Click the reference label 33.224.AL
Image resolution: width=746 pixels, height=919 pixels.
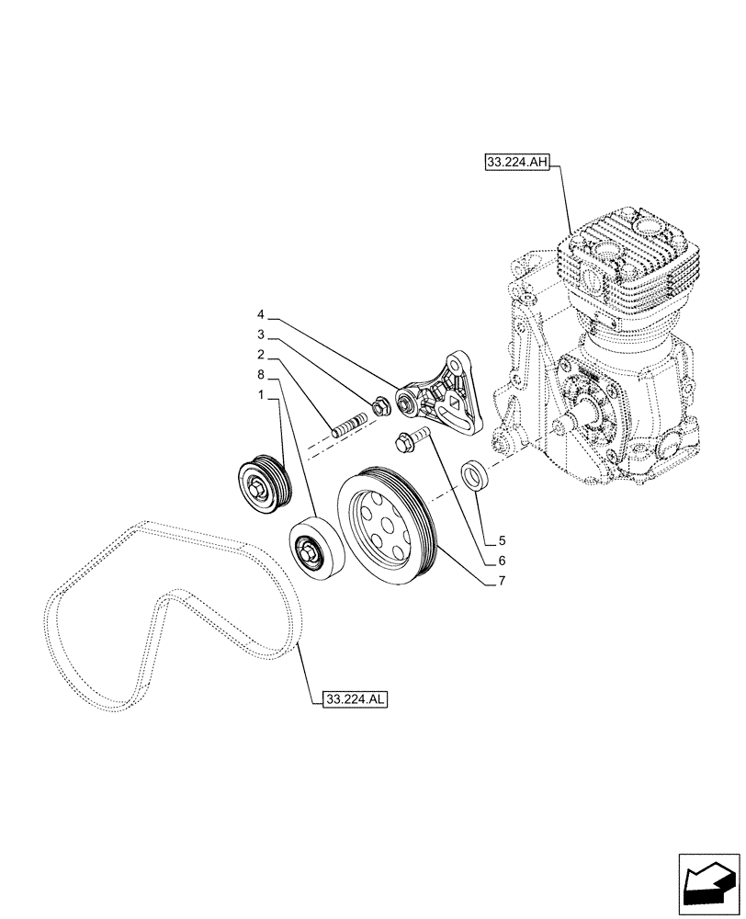pos(356,699)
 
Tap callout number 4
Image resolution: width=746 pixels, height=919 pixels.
pos(261,314)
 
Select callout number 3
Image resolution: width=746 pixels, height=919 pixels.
pos(261,335)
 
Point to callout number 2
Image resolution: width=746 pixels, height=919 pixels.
pos(261,354)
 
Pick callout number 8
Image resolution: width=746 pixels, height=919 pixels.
pos(261,374)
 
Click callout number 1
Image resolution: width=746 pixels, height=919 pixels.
pos(261,394)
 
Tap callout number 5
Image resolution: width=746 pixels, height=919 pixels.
pos(503,539)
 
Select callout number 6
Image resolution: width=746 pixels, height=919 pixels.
pos(503,560)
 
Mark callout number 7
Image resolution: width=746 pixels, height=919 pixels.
pos(503,581)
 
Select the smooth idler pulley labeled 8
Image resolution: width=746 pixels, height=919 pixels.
pos(316,552)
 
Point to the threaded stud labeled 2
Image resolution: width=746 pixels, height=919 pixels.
pos(349,425)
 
